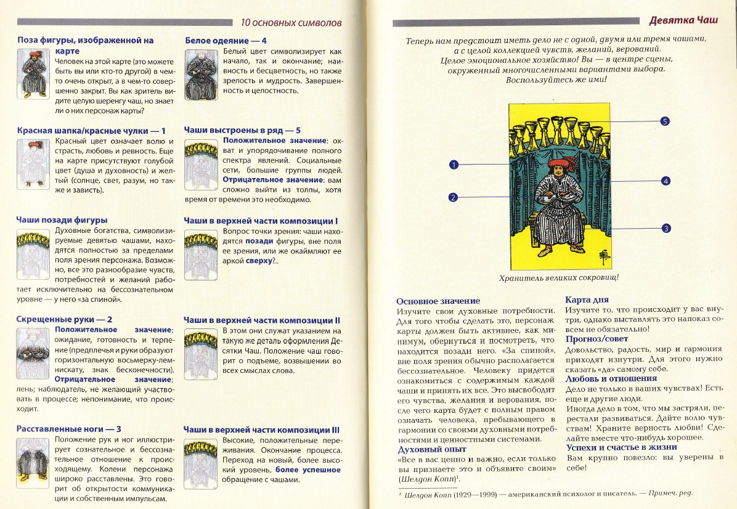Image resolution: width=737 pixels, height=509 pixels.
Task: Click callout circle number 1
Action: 454,165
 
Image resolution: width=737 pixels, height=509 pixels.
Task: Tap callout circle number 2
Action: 453,197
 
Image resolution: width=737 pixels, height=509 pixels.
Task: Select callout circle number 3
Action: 666,229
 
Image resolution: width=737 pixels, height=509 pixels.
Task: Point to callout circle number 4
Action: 666,181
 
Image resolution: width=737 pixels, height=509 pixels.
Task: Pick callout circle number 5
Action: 665,121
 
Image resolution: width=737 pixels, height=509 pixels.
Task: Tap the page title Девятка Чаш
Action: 693,20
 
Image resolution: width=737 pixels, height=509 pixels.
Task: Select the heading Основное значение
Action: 438,301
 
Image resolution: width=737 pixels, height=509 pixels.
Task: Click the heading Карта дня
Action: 587,300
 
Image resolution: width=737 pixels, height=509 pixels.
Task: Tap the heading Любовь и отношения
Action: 611,378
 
